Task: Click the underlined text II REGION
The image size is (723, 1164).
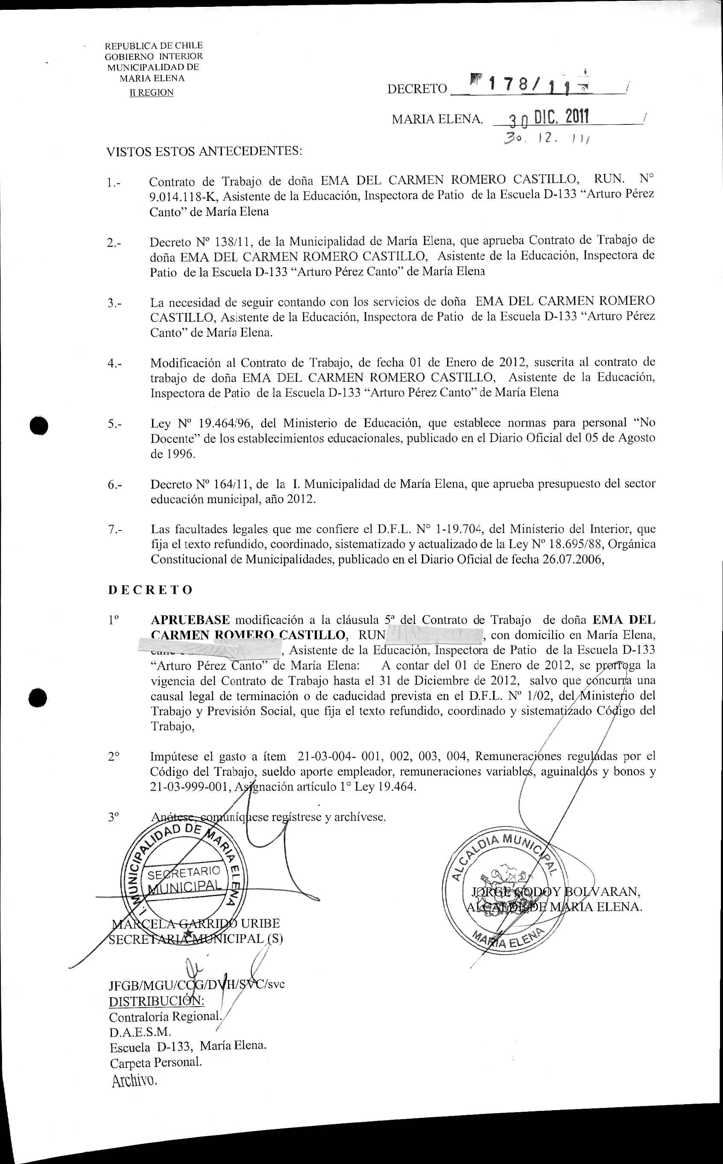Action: (x=152, y=92)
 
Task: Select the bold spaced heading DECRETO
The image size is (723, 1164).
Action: (x=150, y=589)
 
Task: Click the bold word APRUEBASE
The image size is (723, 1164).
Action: (x=190, y=620)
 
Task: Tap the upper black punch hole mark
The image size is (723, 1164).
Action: (x=39, y=425)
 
